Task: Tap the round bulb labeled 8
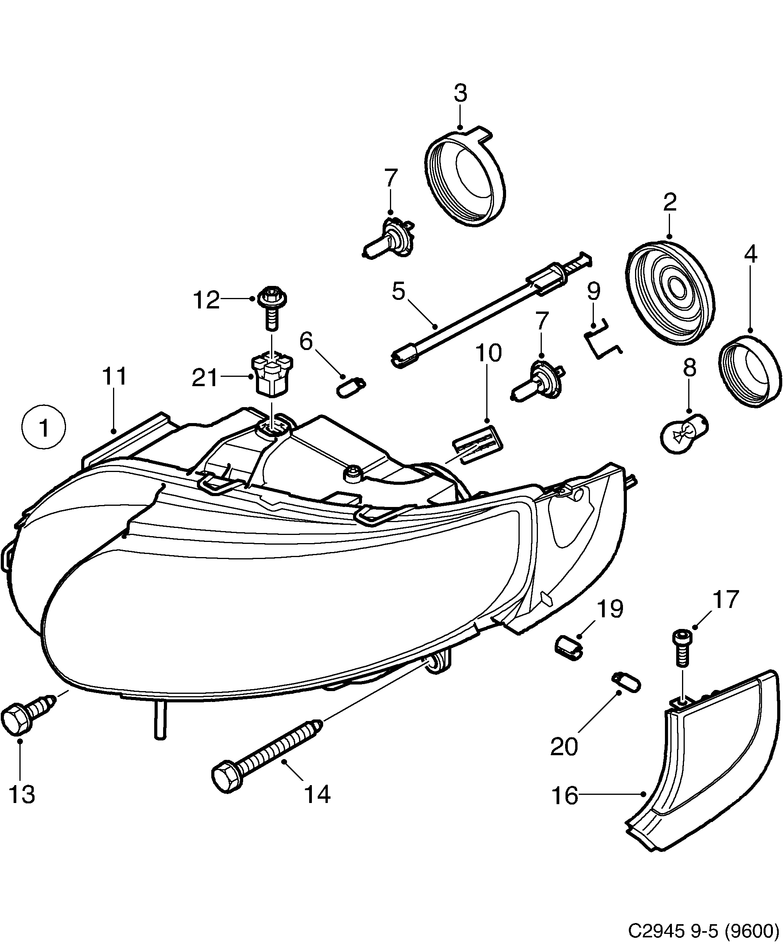coord(683,433)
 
